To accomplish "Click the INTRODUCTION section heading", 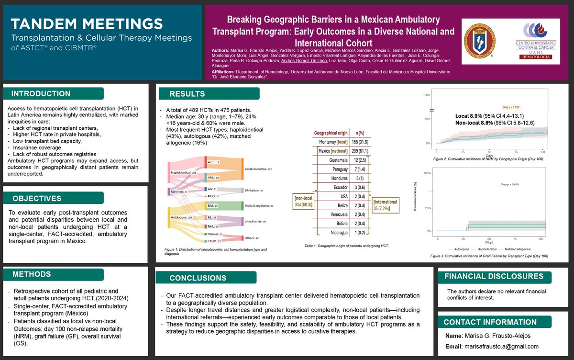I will [x=41, y=93].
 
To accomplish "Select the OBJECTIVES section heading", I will [x=36, y=198].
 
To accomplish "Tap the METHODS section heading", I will [x=32, y=274].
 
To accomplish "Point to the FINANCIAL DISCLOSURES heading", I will [x=494, y=276].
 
